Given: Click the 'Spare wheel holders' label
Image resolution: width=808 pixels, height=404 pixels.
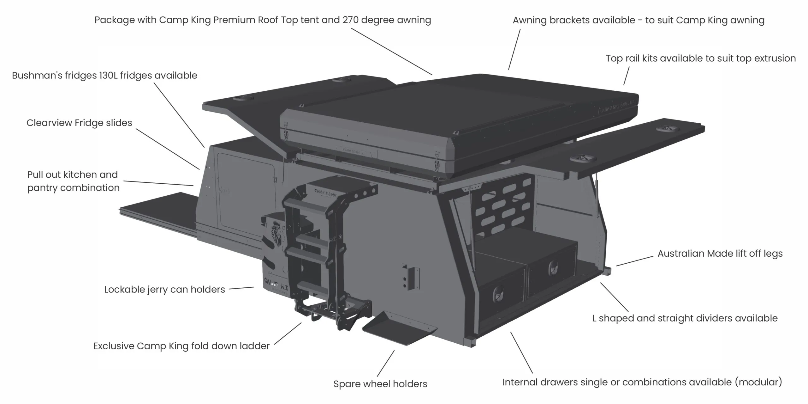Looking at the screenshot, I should click(x=380, y=384).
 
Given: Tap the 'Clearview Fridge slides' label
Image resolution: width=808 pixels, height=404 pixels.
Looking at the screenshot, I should click(x=79, y=123).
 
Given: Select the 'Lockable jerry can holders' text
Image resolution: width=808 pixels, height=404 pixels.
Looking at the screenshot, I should click(x=164, y=289).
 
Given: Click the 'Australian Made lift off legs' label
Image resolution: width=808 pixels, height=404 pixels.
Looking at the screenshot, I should click(x=720, y=254).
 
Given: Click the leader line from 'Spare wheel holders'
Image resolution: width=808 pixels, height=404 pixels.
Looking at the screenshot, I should click(x=386, y=364).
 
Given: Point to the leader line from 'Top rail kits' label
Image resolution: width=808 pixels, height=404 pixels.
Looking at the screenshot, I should click(x=627, y=76).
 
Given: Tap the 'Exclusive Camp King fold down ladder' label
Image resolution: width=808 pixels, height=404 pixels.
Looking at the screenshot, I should click(x=181, y=346).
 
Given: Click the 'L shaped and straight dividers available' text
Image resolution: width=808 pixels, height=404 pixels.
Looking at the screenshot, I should click(x=685, y=318).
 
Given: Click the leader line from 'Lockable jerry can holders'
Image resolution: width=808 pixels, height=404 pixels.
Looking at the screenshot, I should click(x=241, y=288).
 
